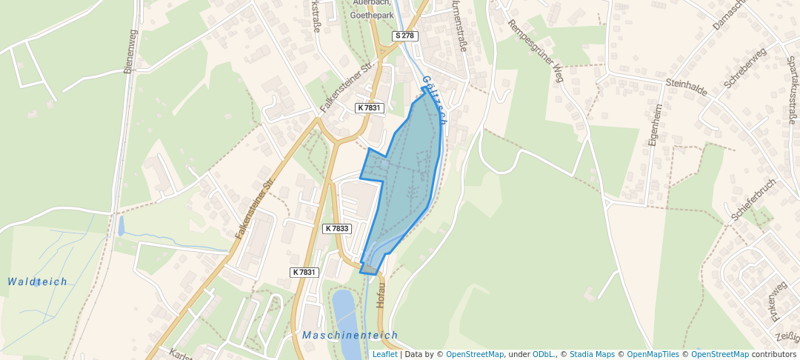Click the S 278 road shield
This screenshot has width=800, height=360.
pos(406,36)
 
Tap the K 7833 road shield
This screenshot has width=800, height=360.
pos(337,229)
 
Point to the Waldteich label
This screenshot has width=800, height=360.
pos(37,281)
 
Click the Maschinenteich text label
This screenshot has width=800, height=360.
pos(350,336)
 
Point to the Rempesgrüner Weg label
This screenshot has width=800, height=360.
pos(536,50)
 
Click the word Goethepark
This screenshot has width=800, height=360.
pos(372,14)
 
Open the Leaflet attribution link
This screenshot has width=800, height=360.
pos(384,354)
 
